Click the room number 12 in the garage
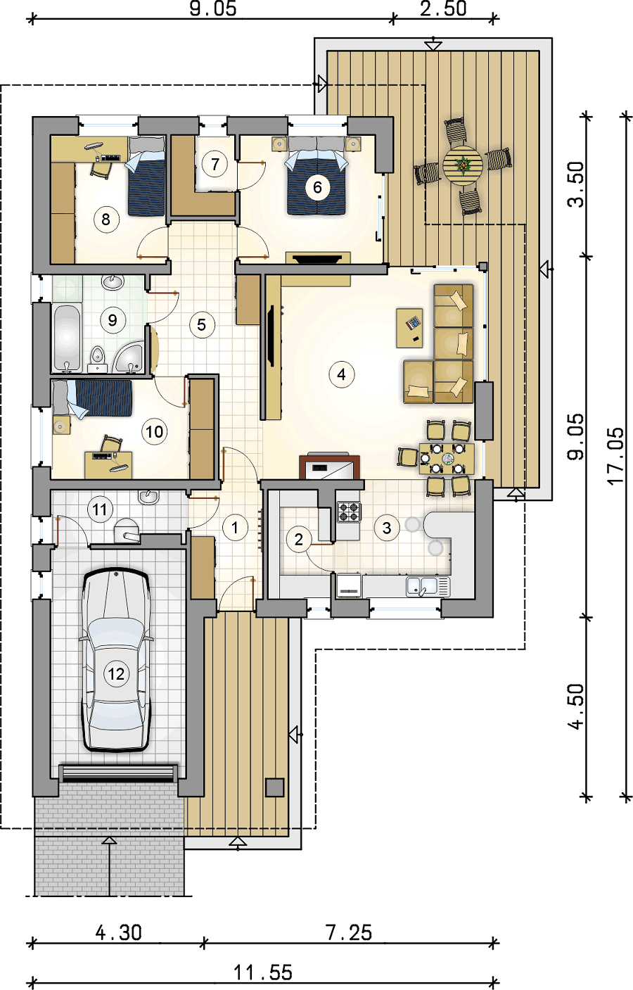[116, 673]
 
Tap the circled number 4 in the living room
[341, 374]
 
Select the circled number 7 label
[215, 164]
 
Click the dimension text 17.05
[616, 456]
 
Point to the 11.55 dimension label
[263, 973]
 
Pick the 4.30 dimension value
[118, 933]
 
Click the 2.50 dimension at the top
[443, 9]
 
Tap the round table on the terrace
[463, 166]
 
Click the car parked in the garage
[117, 660]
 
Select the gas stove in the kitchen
[349, 512]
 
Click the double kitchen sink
[428, 586]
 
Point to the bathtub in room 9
[68, 338]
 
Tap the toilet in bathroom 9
[97, 358]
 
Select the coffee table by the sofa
[409, 328]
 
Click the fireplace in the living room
[329, 466]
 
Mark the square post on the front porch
[274, 787]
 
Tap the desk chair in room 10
[111, 443]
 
